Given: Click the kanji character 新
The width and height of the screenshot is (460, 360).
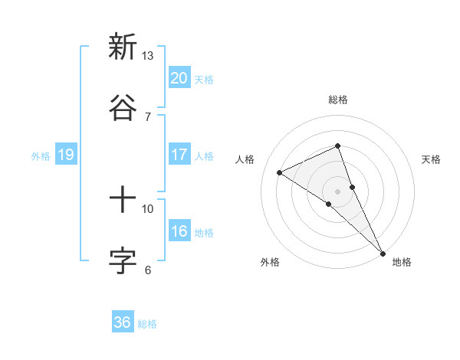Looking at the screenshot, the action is point(123,47).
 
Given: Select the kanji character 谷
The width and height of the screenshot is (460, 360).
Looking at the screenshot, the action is point(123,107).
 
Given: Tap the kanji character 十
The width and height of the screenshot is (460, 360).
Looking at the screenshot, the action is point(123,201).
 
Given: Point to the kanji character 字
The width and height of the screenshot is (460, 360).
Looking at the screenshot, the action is point(123,260).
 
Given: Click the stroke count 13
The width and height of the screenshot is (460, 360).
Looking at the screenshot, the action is point(147,56).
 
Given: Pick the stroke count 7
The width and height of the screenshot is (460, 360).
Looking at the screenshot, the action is point(148,116).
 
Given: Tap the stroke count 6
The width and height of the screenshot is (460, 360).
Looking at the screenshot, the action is point(148,270).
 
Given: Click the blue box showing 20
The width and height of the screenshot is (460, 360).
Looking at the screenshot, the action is point(179,78).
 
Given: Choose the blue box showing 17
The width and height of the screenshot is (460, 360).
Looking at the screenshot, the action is point(179,155).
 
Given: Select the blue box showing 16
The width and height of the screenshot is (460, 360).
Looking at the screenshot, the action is point(179,231).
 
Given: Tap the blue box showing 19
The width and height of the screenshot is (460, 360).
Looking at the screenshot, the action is point(66,155).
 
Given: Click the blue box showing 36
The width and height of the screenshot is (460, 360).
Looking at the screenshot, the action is point(123,322).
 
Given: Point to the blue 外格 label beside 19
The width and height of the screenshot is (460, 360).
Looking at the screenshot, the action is point(41,155).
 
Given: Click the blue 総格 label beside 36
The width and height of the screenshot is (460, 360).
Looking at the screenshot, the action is point(147,324).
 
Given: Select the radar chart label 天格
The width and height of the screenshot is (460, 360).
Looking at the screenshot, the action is point(432,159).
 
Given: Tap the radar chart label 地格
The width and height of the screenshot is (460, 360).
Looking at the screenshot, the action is point(402,262).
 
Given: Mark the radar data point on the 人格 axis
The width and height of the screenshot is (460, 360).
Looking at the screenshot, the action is point(280,172).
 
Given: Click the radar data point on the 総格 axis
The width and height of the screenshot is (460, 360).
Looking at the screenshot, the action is point(337,146).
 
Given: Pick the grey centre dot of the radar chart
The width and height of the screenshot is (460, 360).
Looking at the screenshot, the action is point(337,191).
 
